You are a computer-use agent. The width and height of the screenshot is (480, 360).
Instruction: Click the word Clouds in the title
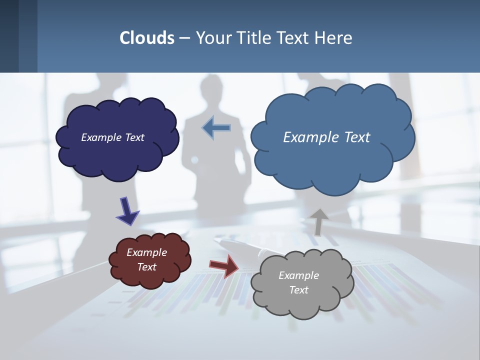[147, 38]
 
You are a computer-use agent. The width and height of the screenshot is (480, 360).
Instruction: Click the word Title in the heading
[254, 38]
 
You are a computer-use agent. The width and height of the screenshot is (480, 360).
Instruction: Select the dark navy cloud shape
[117, 160]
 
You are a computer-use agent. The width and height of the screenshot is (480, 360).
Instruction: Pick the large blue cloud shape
[332, 165]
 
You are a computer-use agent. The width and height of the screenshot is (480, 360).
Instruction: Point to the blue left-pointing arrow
[216, 128]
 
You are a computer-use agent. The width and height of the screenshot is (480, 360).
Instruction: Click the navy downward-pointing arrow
[127, 210]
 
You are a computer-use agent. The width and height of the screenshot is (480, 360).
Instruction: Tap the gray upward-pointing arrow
[318, 221]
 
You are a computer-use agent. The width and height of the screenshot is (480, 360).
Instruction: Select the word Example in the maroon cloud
[146, 252]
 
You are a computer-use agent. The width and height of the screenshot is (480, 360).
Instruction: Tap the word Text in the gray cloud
[298, 290]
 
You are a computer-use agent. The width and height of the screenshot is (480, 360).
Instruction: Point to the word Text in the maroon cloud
[146, 267]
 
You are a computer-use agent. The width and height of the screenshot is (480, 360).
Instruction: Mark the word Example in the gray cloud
[298, 275]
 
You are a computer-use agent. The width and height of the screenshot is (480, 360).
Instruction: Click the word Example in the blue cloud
[310, 137]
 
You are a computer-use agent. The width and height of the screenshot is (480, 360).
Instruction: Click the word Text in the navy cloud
[134, 137]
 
